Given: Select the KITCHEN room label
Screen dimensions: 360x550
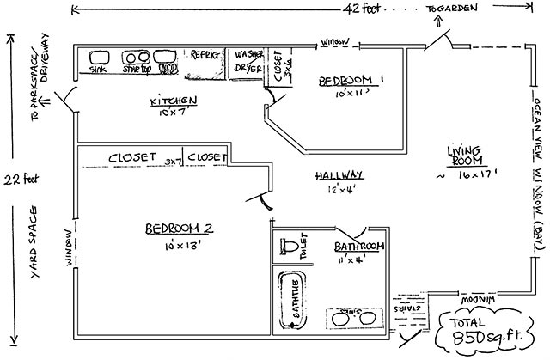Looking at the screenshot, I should click(174, 101).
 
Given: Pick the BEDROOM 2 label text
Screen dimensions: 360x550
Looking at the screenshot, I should click(178, 229).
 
